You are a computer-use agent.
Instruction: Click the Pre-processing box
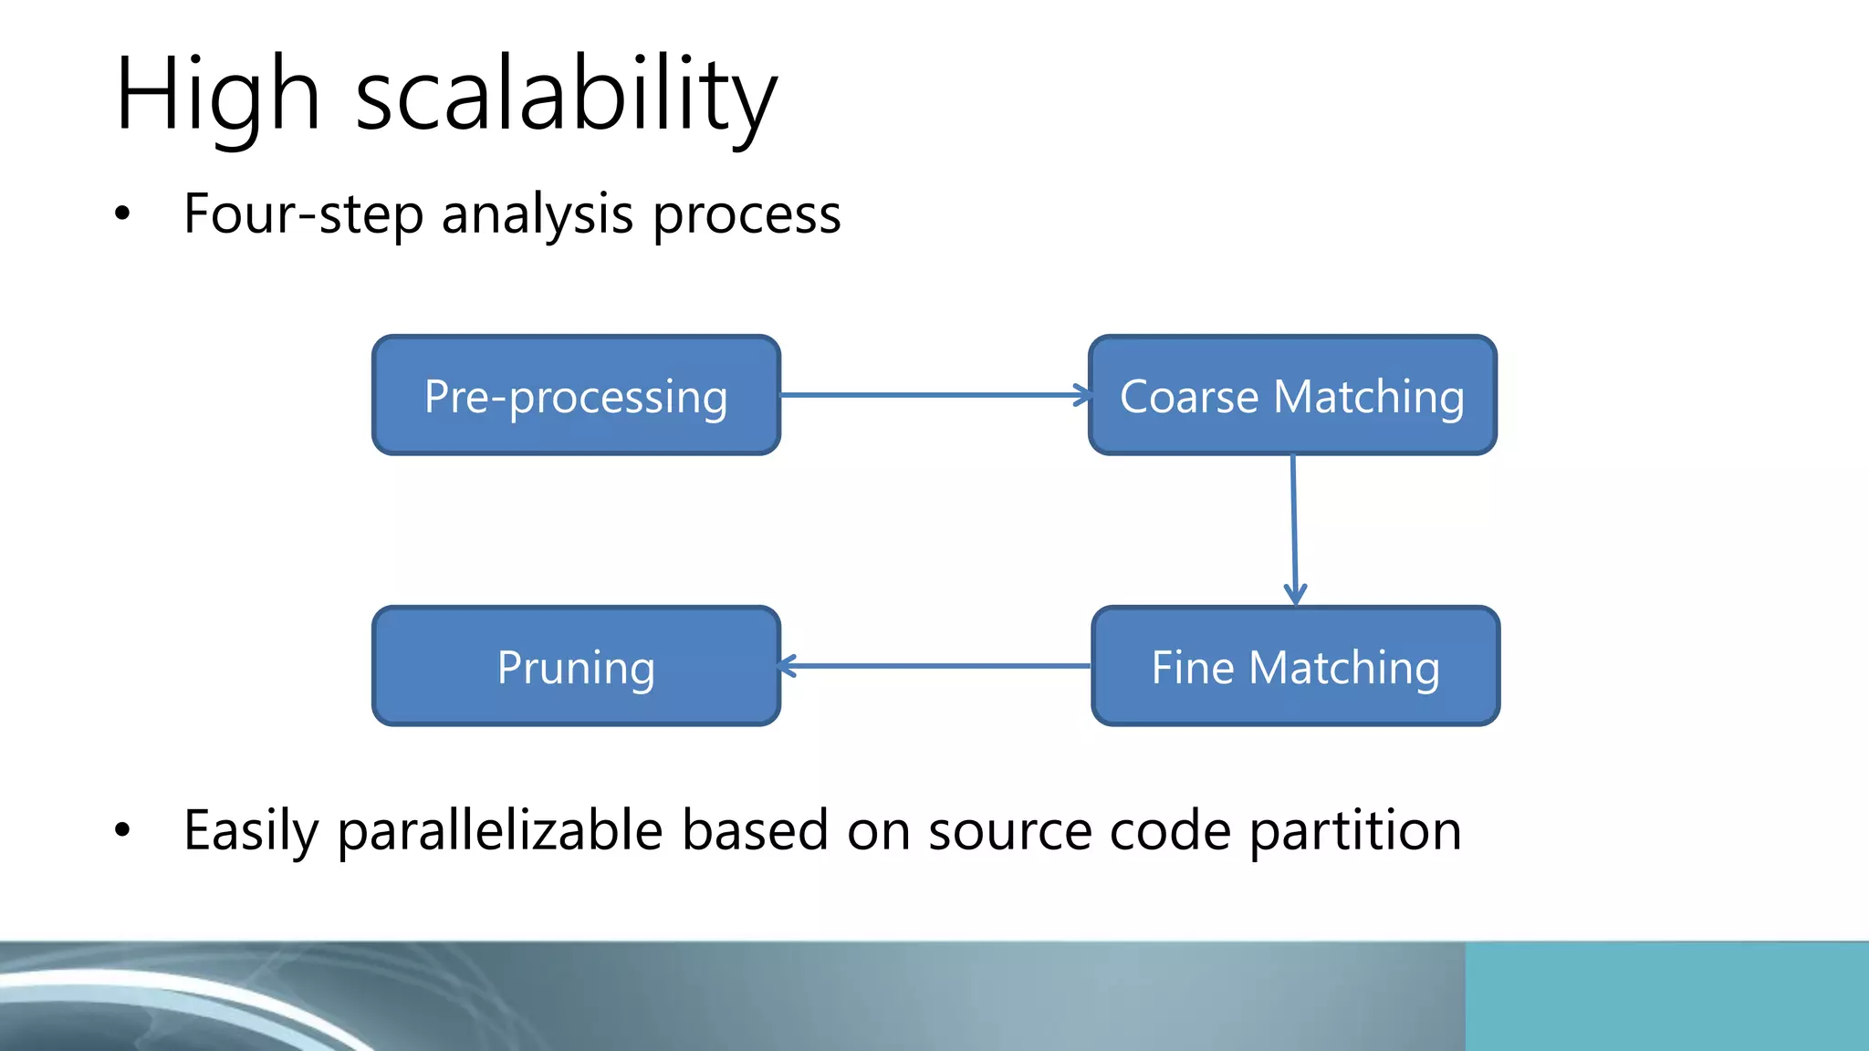[576, 395]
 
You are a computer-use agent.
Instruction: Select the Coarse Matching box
[1292, 395]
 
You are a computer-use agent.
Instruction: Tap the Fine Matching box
[1295, 666]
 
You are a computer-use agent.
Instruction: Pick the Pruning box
[576, 666]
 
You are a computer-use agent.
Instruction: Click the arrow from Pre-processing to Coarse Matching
[934, 395]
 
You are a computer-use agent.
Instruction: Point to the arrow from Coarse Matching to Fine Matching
[1294, 529]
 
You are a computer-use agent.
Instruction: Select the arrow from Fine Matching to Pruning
[934, 666]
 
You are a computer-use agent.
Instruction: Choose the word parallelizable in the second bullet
[499, 830]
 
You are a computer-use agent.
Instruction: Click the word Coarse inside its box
[1188, 397]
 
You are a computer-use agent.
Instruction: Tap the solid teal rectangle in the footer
[1666, 996]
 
